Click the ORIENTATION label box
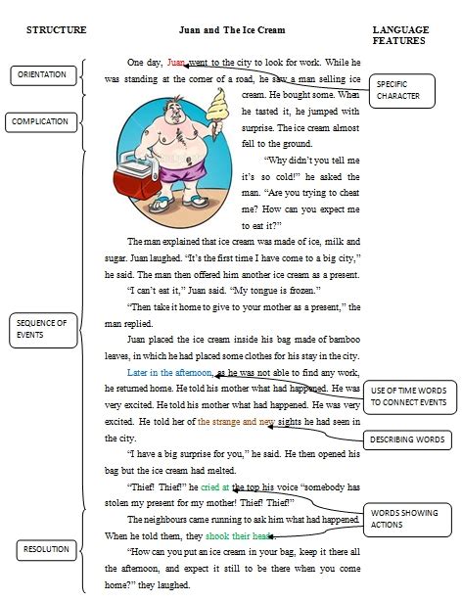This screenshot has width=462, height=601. [x=42, y=74]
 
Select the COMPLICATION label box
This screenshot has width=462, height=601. [x=40, y=122]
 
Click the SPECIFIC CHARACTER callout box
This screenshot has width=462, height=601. [x=398, y=90]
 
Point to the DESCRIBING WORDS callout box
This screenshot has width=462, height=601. [x=407, y=439]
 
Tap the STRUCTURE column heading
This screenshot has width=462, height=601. [x=57, y=31]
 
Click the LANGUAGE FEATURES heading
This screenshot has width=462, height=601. [x=400, y=36]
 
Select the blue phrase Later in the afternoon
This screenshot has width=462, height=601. [x=170, y=373]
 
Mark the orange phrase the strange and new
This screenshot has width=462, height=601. [x=236, y=423]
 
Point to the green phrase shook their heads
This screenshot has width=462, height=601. [x=240, y=536]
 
